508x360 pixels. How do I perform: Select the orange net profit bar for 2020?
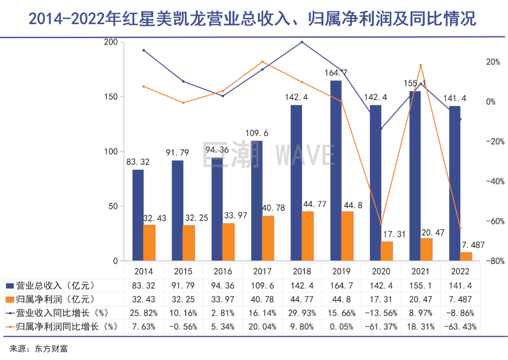tap(387, 251)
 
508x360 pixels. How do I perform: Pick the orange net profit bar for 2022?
tap(466, 257)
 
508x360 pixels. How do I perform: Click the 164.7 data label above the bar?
tap(336, 73)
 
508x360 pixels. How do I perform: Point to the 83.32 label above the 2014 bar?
tap(138, 162)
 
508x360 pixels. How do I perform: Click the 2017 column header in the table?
tap(263, 272)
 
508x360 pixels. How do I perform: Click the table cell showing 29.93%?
tap(302, 313)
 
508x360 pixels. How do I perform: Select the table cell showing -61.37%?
tap(381, 327)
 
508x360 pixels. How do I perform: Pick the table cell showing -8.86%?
tap(460, 313)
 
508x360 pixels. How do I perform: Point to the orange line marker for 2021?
tap(421, 65)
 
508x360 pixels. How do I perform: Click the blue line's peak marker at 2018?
tap(302, 42)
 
